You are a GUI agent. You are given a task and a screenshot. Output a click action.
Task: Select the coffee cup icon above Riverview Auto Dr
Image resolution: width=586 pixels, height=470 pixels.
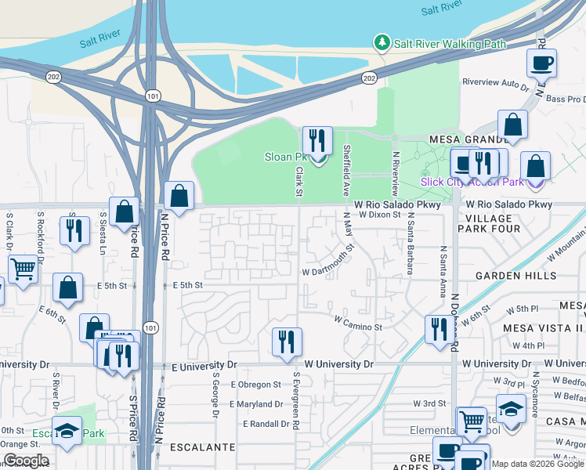(541, 63)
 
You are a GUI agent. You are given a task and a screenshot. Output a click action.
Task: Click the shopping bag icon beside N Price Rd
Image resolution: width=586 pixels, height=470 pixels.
(179, 196)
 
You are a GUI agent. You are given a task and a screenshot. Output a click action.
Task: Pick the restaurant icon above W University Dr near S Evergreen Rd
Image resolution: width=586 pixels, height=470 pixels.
(287, 342)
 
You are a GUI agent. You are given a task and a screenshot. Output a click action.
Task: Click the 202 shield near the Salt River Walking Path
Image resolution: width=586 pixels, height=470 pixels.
(369, 78)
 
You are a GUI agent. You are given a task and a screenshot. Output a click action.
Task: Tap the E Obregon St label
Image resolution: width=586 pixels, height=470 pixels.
(255, 385)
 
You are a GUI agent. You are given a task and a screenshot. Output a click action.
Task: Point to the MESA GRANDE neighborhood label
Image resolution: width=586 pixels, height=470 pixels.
(470, 139)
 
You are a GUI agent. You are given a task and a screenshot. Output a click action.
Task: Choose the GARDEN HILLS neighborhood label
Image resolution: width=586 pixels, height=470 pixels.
(515, 277)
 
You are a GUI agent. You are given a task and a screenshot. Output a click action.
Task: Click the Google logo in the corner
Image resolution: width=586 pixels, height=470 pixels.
(26, 461)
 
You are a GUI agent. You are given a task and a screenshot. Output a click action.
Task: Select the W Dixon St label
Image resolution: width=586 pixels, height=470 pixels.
(380, 214)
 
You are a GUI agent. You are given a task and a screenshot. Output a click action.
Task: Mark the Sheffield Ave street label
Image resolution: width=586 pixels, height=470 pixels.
(345, 174)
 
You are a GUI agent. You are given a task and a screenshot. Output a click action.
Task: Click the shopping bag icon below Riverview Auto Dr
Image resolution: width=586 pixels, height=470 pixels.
(512, 125)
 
